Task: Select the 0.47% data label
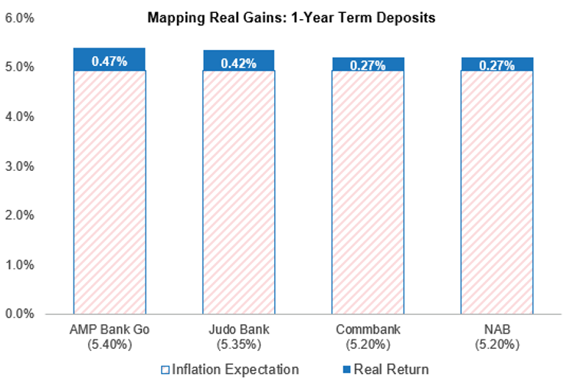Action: (x=110, y=61)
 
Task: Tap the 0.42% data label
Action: (x=238, y=64)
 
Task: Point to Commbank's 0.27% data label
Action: (x=368, y=65)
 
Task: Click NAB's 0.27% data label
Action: (x=496, y=65)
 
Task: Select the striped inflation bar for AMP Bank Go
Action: (x=110, y=192)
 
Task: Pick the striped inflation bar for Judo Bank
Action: (x=238, y=192)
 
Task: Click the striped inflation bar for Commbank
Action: (x=368, y=192)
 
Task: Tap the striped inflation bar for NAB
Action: (x=496, y=192)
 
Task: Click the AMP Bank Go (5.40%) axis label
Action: (x=110, y=336)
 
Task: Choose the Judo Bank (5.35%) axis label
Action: (x=239, y=336)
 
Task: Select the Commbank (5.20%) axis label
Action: (x=368, y=336)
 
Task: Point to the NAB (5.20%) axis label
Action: (x=497, y=336)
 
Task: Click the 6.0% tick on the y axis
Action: (x=20, y=18)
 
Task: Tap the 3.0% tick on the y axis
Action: (x=20, y=166)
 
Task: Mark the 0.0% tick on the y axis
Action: (x=20, y=313)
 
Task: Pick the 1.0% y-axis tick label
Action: (x=20, y=264)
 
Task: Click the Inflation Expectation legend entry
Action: (x=230, y=369)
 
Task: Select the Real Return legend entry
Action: (x=386, y=369)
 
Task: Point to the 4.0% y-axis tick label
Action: (x=20, y=117)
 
